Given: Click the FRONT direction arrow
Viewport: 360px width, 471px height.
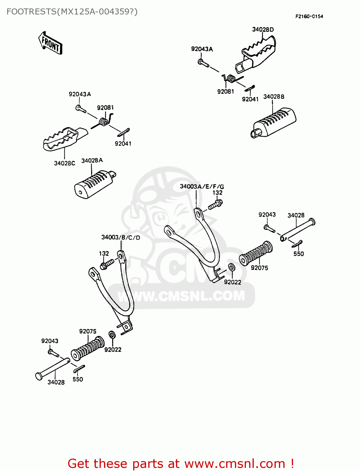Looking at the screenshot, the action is tap(50, 43).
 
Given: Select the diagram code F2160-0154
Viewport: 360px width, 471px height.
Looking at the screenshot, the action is tap(309, 16).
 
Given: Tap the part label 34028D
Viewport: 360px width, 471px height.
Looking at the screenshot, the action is tap(263, 30).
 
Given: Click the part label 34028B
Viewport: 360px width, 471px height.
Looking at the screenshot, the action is tap(274, 97).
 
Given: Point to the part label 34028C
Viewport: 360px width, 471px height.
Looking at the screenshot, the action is tap(64, 163).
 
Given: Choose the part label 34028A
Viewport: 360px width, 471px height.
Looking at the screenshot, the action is tap(92, 160).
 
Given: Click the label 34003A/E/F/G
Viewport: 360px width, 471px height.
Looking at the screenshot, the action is tap(202, 187).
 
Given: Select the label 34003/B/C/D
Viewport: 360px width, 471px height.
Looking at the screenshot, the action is tap(121, 237).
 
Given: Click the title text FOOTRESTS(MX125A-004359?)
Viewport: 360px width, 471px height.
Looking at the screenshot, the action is tap(72, 12).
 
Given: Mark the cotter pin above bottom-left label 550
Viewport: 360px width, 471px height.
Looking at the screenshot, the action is tap(79, 369).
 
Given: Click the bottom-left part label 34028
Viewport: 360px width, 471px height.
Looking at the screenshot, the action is tap(56, 382).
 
